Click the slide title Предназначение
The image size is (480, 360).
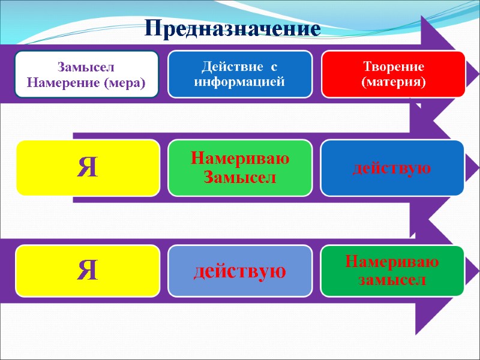click(x=233, y=28)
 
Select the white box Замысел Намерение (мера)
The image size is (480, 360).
click(x=87, y=74)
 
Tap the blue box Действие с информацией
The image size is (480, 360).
click(x=239, y=74)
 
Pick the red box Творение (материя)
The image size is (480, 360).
click(x=393, y=74)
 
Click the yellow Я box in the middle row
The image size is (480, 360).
click(x=88, y=168)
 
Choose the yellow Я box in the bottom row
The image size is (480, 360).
click(x=88, y=271)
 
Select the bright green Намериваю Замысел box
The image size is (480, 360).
click(x=240, y=168)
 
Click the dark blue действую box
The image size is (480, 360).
click(x=392, y=168)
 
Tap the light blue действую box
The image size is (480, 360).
click(x=240, y=271)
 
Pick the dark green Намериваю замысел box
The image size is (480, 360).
click(x=392, y=271)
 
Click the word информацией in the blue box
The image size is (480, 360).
click(x=239, y=82)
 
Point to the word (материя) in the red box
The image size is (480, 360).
click(x=393, y=82)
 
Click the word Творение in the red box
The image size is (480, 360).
click(x=393, y=67)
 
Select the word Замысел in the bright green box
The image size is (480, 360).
click(x=240, y=176)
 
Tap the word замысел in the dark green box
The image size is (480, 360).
click(x=392, y=280)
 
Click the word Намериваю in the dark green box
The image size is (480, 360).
click(x=392, y=263)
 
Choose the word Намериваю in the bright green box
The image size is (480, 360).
click(x=240, y=160)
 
